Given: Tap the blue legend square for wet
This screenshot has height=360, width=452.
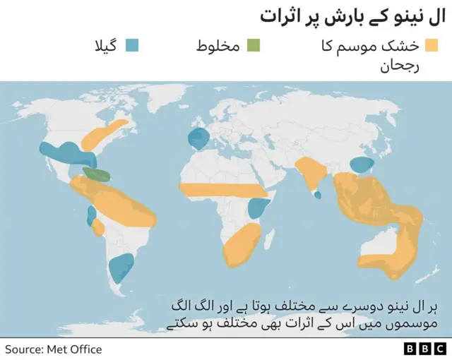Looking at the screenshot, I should tap(132, 47).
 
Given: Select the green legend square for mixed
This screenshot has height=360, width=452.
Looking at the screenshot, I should tap(254, 47).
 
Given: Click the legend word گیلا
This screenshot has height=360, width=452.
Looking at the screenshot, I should tap(107, 47).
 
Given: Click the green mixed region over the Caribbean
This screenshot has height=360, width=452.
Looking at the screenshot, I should tap(97, 174).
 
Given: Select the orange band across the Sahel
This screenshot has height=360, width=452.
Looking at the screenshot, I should tap(222, 191).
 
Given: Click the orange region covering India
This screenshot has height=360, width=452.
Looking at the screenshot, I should tap(311, 174).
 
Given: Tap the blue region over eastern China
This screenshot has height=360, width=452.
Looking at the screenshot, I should tap(362, 165).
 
